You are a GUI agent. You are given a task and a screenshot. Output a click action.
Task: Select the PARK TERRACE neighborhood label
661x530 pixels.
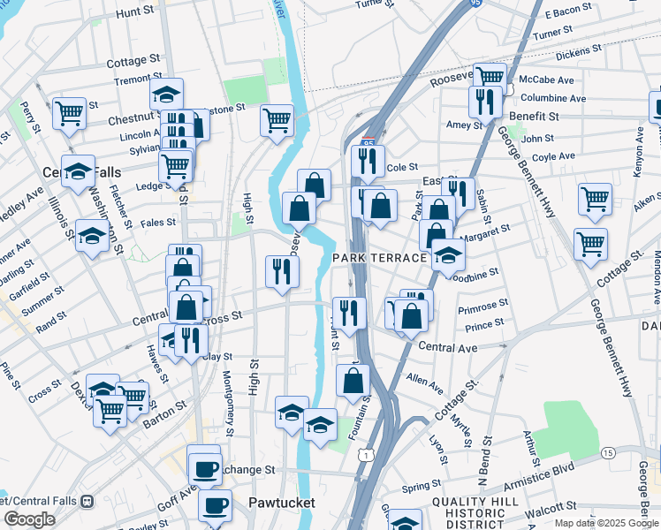(x=380, y=257)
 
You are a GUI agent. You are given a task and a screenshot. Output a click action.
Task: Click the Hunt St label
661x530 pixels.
(x=134, y=12)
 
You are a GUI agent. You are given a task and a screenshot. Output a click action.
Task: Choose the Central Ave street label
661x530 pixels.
(x=447, y=347)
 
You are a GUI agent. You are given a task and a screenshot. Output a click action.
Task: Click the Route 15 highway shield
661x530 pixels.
(x=608, y=452)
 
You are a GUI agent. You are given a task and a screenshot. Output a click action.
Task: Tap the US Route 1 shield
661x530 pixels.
(x=364, y=453)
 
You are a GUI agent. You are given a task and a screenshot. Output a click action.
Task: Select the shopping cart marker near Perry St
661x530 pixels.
(x=69, y=112)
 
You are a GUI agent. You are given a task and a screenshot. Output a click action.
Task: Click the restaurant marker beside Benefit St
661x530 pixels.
(x=485, y=102)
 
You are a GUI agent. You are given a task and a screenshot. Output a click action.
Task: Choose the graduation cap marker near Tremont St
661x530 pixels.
(x=166, y=93)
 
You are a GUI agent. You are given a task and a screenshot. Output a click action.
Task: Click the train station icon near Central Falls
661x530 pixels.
(x=87, y=501)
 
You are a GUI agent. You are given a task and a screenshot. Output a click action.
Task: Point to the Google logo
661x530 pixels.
(x=29, y=519)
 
